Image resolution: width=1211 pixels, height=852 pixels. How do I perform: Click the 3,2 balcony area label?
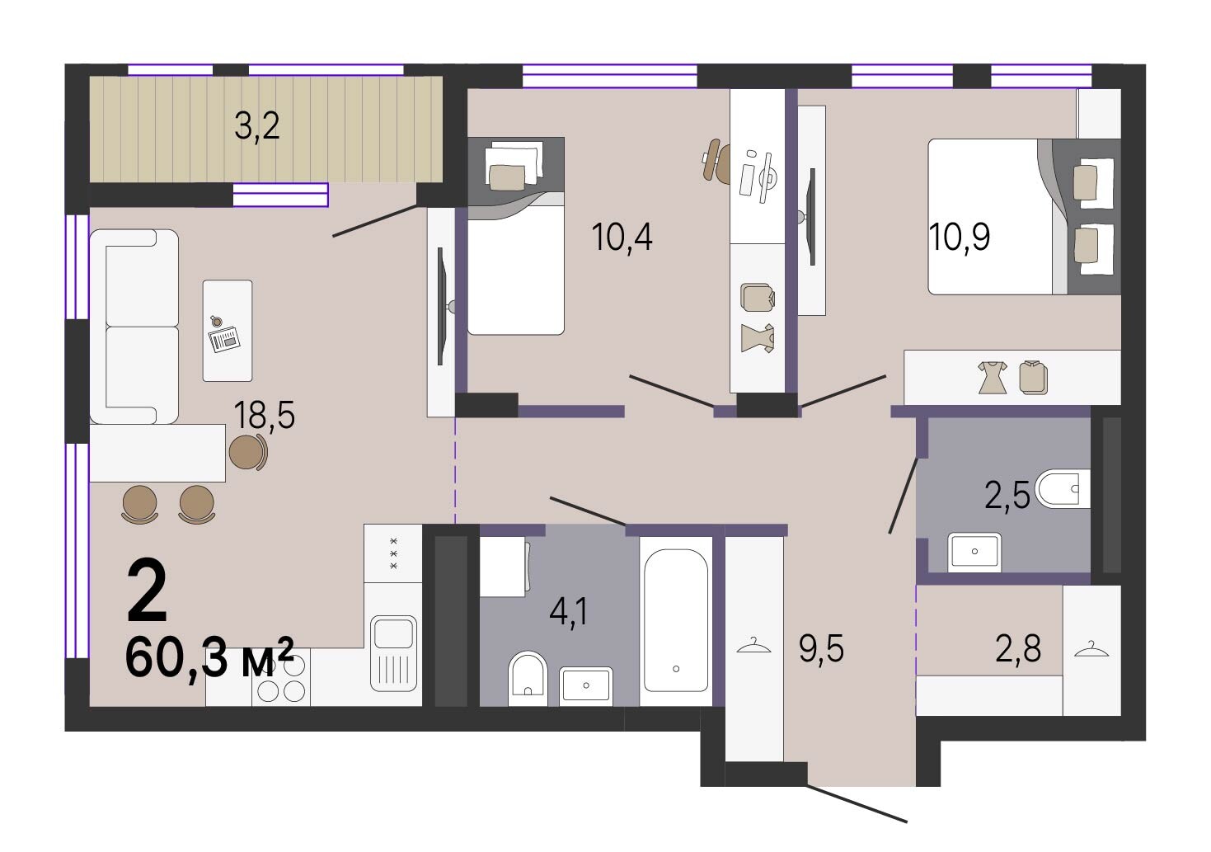click(257, 126)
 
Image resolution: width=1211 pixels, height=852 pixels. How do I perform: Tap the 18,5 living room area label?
click(265, 415)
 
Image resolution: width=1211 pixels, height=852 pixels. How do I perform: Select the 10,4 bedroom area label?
click(622, 237)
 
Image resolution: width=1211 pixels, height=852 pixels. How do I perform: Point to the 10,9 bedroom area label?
click(960, 237)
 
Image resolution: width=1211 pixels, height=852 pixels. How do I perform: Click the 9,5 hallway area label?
click(821, 648)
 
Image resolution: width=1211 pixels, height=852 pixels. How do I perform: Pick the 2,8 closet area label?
click(1018, 648)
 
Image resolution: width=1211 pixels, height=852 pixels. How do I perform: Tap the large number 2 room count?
click(147, 591)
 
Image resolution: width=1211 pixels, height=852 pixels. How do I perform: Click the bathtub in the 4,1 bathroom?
click(676, 620)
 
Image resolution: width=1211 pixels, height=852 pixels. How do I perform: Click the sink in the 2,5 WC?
click(974, 552)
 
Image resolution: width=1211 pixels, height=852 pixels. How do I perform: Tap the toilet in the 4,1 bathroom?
click(528, 678)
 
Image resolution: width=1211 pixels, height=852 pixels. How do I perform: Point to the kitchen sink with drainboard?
click(393, 653)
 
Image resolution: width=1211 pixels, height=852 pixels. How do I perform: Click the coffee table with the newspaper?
click(228, 331)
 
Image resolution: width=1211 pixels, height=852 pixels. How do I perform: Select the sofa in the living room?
click(134, 326)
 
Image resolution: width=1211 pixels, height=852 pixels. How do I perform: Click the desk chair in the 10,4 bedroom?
click(716, 160)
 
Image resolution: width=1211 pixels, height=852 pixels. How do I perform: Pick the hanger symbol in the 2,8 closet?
click(1091, 649)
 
